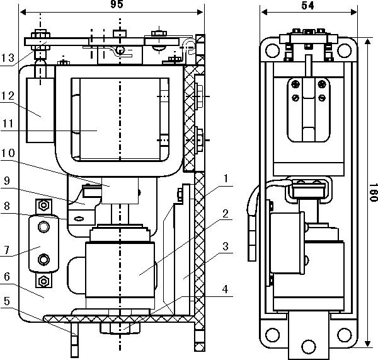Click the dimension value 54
point(307,5)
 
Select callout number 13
point(8,59)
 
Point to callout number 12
point(8,95)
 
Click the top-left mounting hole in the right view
point(272,48)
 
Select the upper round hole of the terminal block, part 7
point(43,226)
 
